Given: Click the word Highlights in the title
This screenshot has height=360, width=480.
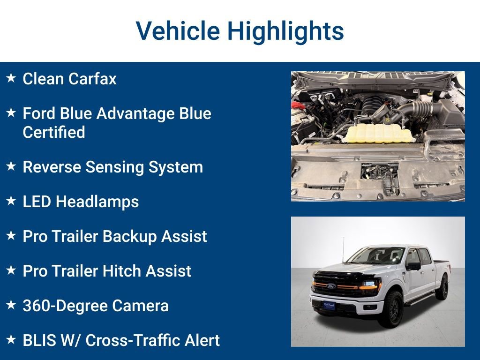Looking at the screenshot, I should [285, 31].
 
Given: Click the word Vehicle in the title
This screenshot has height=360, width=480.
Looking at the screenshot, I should [178, 31].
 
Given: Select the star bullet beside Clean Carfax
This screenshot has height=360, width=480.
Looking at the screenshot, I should [11, 78].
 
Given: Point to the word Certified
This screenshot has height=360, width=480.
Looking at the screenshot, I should [54, 132].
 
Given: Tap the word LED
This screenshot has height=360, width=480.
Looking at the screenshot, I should [37, 202].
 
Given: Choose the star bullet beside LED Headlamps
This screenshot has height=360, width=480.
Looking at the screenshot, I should [11, 201].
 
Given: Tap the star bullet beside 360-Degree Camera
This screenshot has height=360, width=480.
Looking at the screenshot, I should [11, 305].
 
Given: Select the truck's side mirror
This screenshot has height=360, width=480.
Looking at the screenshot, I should [413, 266].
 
